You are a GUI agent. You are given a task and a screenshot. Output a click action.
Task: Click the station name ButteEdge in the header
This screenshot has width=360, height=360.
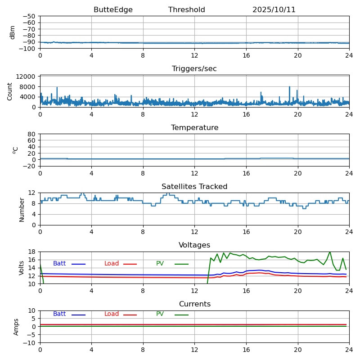coord(113,10)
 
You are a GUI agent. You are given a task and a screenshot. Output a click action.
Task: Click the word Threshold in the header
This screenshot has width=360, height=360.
coord(187,10)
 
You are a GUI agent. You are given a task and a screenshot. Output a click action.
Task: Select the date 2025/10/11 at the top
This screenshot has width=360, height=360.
coord(274,10)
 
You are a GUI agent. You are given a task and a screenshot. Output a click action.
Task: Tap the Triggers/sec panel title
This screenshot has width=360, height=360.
coord(194,69)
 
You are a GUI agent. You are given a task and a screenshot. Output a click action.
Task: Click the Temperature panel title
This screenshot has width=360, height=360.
coord(194,128)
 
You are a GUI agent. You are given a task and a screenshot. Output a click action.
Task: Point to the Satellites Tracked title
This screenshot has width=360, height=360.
coord(194,187)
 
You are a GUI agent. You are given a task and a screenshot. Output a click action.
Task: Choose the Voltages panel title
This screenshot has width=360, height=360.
coord(194,245)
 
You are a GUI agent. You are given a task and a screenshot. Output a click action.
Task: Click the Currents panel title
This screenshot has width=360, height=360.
coord(194,304)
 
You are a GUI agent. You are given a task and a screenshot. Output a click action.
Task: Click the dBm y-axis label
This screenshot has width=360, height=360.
coord(13,32)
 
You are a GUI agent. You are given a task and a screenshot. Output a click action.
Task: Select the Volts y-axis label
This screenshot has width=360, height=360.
coord(22,267)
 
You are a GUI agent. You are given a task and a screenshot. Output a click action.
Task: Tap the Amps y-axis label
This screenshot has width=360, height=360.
coord(17,327)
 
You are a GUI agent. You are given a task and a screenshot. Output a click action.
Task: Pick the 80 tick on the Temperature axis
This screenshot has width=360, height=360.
coord(31,134)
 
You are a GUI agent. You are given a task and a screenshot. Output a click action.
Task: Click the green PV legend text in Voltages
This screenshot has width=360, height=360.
coord(160,264)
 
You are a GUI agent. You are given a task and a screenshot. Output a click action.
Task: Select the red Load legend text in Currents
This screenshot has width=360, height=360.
coord(112,314)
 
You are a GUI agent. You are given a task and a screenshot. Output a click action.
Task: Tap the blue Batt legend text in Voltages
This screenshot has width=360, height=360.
coord(59,264)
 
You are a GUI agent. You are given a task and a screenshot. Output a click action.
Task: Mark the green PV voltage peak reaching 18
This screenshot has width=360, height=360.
coord(330,252)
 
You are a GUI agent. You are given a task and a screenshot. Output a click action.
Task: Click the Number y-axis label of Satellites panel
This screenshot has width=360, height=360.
coord(22,209)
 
